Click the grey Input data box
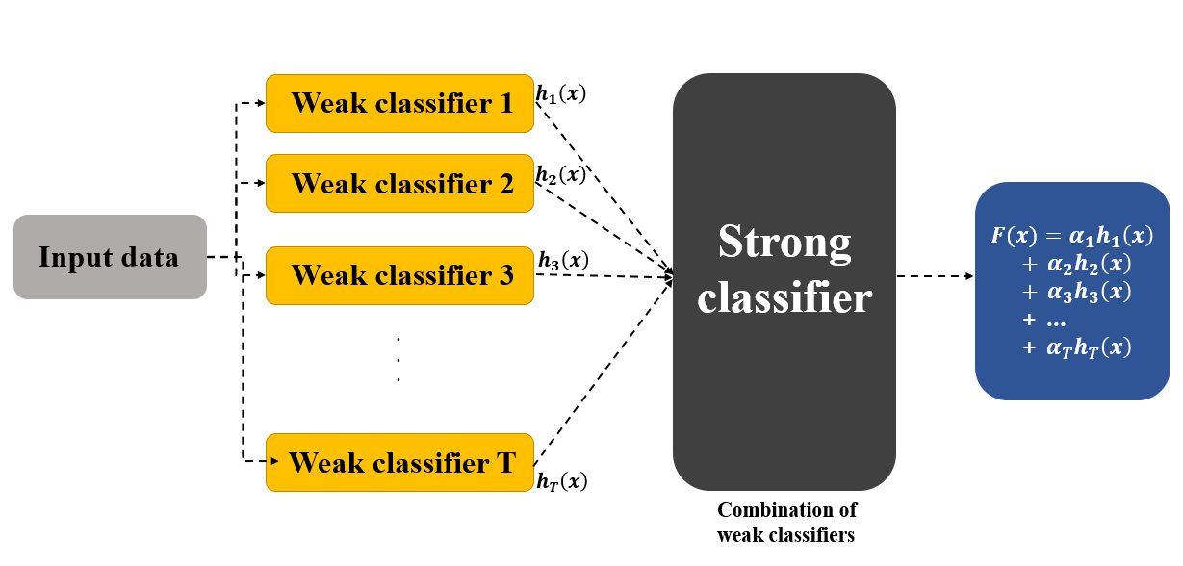[110, 257]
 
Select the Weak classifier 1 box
[399, 104]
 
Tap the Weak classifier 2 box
[399, 183]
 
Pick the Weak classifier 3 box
[399, 275]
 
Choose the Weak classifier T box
[399, 462]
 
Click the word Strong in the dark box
[784, 243]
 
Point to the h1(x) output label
[561, 94]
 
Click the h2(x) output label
[561, 175]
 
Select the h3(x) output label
[563, 260]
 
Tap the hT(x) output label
[562, 481]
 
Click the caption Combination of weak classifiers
[786, 522]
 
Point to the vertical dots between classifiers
[399, 359]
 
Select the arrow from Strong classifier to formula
[935, 276]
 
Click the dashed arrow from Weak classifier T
[604, 372]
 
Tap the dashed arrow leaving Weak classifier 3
[604, 275]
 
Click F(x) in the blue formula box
[1014, 235]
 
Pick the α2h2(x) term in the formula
[1089, 264]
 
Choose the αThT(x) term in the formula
[1089, 347]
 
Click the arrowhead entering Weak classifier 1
[260, 103]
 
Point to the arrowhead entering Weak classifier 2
[260, 183]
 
